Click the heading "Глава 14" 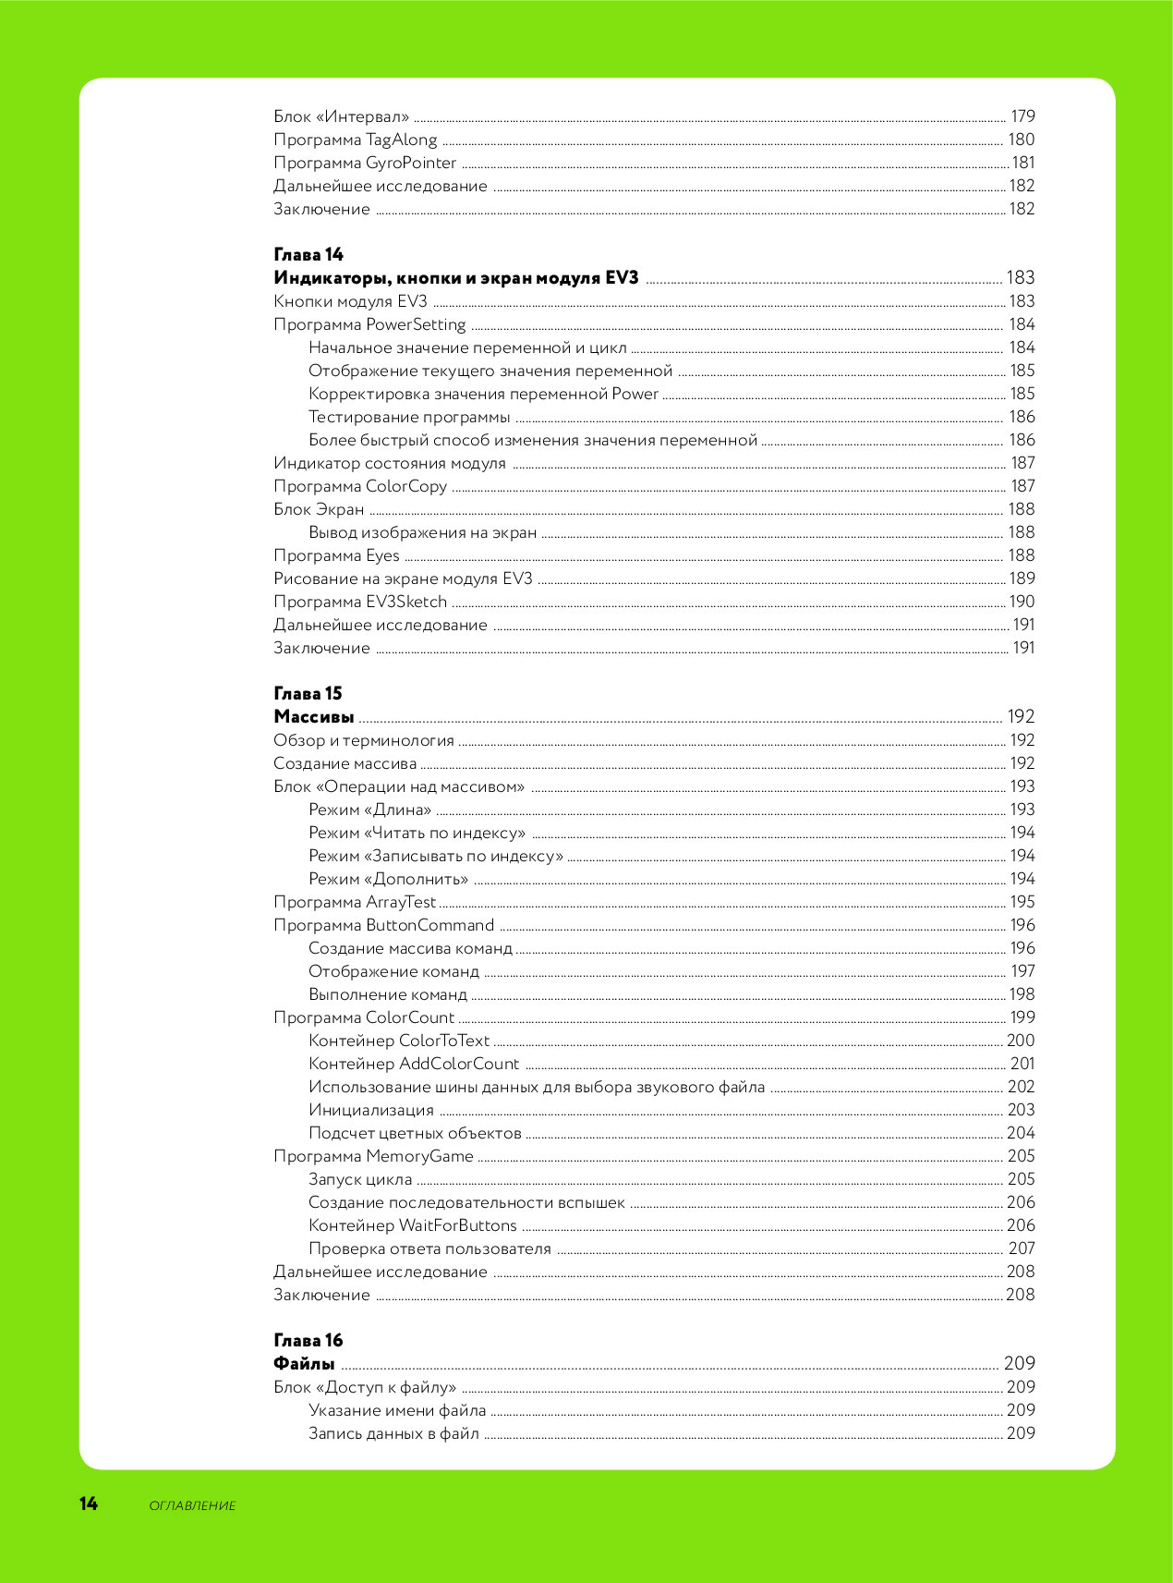[308, 254]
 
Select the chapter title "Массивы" [314, 717]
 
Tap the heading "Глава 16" [308, 1340]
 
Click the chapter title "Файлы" [304, 1364]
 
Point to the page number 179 [1022, 116]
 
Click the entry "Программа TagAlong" [356, 140]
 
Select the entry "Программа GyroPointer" [365, 163]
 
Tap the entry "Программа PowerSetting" [369, 324]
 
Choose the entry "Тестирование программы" [409, 417]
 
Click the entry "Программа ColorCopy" [360, 486]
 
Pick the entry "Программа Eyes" [336, 555]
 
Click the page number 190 [1022, 602]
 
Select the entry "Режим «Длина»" [370, 810]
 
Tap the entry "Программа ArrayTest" [355, 902]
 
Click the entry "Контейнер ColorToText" [399, 1041]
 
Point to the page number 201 [1022, 1064]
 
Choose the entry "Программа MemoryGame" [373, 1156]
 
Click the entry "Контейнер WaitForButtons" [413, 1225]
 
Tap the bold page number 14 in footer [89, 1504]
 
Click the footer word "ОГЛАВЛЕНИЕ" [192, 1505]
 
